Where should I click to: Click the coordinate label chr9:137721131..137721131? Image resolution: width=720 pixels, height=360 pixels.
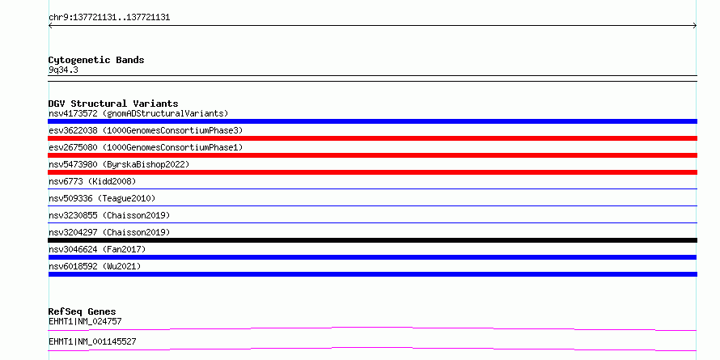[x=109, y=18]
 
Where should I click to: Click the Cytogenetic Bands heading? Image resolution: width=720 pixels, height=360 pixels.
[x=96, y=60]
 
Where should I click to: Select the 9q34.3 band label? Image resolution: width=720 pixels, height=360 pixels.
[x=63, y=70]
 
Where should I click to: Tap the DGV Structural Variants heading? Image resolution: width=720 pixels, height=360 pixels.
[x=113, y=104]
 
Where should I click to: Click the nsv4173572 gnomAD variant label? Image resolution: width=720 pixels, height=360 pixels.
[x=138, y=113]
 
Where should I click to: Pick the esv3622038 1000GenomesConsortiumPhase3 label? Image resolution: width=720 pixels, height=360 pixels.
[x=146, y=130]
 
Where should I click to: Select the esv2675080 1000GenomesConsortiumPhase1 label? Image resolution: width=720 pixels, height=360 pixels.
[x=146, y=147]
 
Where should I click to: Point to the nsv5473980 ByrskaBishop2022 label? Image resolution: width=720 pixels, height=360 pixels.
[x=119, y=164]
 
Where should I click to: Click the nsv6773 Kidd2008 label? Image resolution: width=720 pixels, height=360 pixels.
[x=92, y=181]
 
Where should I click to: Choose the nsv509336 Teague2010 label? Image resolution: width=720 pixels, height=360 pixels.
[x=102, y=198]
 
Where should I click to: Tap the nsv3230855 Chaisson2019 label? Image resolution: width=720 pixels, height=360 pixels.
[x=109, y=215]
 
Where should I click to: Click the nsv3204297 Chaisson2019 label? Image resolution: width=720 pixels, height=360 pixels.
[x=109, y=232]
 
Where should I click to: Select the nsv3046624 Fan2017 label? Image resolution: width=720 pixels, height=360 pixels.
[x=97, y=249]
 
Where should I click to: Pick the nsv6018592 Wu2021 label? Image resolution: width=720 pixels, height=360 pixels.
[x=95, y=266]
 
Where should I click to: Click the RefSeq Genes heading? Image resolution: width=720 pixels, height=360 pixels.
[x=83, y=311]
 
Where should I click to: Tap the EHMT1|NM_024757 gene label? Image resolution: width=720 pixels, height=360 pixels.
[x=85, y=321]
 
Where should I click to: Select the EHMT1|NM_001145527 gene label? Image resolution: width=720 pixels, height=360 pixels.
[x=92, y=341]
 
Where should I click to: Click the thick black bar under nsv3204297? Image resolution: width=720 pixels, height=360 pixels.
[x=372, y=240]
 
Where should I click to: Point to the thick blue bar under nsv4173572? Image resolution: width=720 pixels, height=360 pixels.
[x=372, y=121]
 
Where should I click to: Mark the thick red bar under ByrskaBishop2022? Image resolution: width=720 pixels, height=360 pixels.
[x=372, y=172]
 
